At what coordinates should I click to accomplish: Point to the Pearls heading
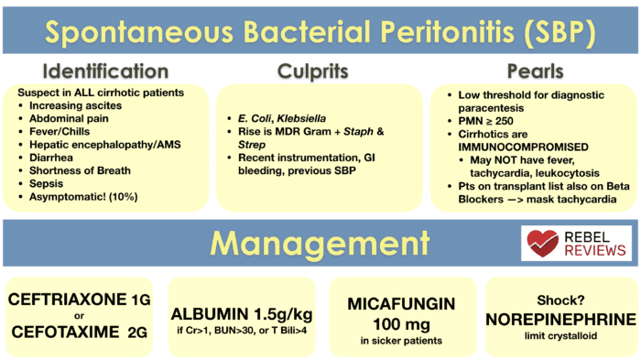point(535,71)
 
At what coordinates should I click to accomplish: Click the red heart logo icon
point(544,243)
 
